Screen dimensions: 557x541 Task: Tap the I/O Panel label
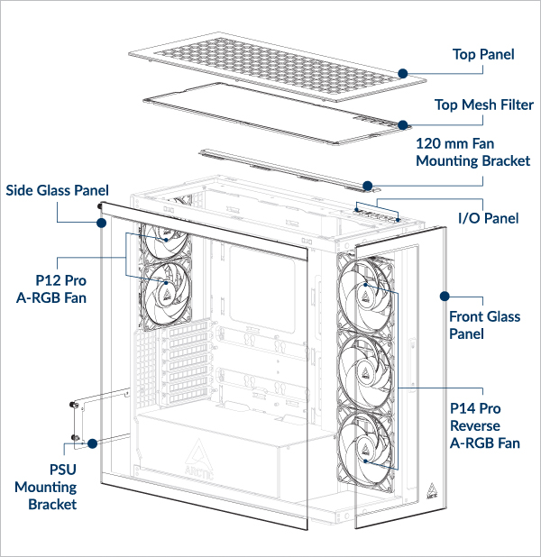coord(489,217)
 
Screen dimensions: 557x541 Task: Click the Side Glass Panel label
coord(57,190)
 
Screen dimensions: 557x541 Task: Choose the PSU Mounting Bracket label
coord(45,487)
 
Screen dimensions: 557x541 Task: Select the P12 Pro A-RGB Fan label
coord(51,288)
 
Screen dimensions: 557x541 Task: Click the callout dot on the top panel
coord(403,72)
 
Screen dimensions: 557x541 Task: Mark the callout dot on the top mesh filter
coord(403,124)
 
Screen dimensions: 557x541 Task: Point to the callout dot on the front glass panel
coord(444,295)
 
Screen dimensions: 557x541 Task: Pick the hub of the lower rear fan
coord(166,285)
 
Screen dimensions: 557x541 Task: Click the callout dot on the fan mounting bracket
coord(368,186)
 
